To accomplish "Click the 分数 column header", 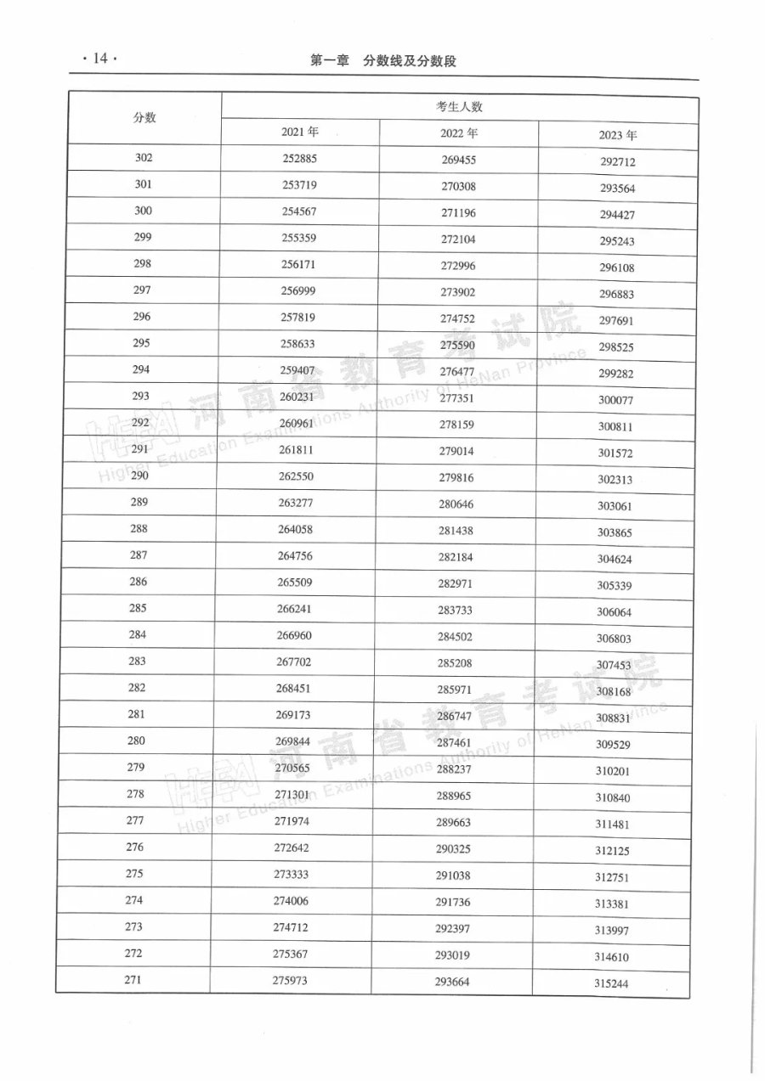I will pos(144,118).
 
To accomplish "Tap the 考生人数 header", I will pos(459,107).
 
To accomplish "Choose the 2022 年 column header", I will pos(459,132).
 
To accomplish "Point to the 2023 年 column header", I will pos(617,135).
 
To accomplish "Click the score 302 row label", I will pos(143,158).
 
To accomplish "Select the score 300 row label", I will pos(143,211).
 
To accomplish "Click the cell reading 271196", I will pos(459,212).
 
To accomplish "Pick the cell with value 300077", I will pos(616,400).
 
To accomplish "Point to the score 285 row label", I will pos(139,608).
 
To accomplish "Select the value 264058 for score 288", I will pos(297,529).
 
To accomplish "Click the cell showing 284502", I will pos(456,636).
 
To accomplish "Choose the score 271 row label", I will pos(133,979).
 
